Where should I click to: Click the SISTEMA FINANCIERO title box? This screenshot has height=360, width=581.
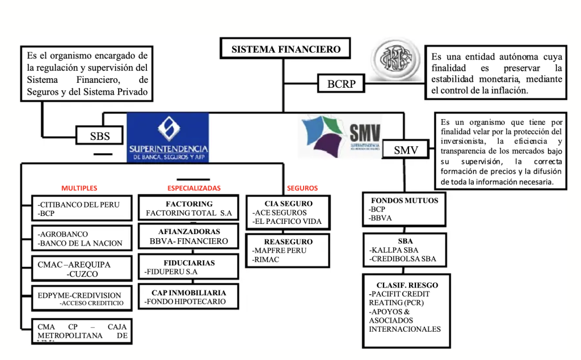pos(286,49)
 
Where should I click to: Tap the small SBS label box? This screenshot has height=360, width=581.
pos(100,135)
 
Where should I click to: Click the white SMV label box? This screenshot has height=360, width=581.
pos(406,150)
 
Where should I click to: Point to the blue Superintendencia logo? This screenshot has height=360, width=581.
pos(167,137)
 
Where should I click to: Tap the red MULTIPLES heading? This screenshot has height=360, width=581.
pos(79,188)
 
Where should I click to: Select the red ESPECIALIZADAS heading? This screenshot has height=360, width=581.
pos(194,188)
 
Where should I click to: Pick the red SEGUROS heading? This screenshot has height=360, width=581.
pos(302,188)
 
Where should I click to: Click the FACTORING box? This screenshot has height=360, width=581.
pos(189,208)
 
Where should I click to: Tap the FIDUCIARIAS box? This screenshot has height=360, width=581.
pos(189,268)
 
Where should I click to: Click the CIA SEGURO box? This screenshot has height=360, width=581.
pos(288,212)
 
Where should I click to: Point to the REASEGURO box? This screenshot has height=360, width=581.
pos(288,251)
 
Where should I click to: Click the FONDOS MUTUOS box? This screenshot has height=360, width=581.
pos(405,209)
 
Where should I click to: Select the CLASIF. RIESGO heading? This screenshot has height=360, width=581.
pos(407,285)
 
